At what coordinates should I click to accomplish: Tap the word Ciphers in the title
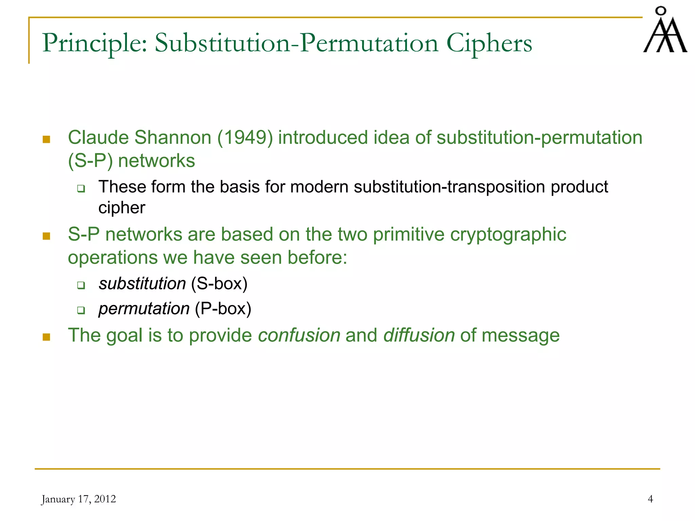coord(489,43)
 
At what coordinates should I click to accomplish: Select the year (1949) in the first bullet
coord(245,138)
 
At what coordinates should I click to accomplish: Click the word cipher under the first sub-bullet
coord(121,208)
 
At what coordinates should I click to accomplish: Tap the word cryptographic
coord(508,234)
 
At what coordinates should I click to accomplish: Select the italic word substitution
coord(142,284)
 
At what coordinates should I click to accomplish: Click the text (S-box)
coord(219,284)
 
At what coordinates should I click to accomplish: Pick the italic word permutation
coord(144,309)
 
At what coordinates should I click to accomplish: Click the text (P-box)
coord(223,309)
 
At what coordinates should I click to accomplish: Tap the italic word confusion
coord(299,335)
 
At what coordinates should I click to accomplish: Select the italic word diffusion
coord(419,335)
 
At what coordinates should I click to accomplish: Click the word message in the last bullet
coord(520,335)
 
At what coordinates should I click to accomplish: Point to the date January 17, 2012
coord(78,499)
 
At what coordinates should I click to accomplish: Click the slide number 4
coord(650,499)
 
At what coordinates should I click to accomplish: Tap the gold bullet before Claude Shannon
coord(46,139)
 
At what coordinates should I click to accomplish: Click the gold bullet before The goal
coord(46,337)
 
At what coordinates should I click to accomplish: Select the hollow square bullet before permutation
coord(81,310)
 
